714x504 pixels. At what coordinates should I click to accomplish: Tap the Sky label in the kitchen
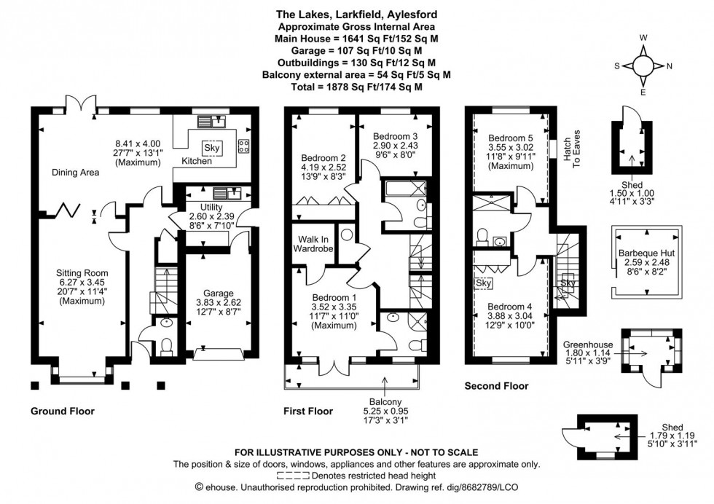(x=212, y=148)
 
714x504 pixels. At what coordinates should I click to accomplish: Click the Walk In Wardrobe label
(x=314, y=244)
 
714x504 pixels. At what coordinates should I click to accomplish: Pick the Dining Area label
(x=76, y=173)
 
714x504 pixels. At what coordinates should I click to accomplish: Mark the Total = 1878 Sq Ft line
(x=356, y=87)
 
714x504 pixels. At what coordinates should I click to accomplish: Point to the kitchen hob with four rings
(x=243, y=144)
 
